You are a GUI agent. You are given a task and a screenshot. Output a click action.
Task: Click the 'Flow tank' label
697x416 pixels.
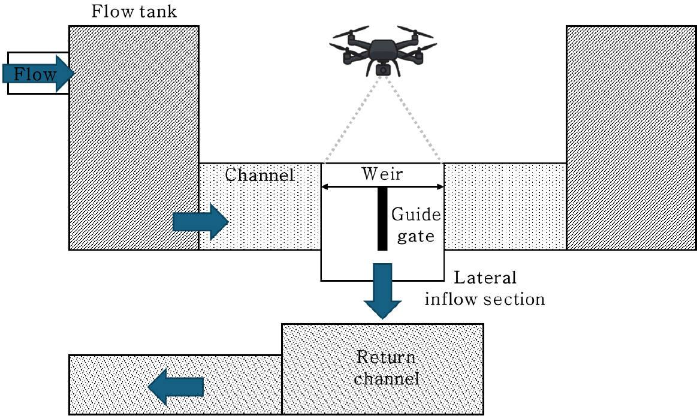click(x=134, y=12)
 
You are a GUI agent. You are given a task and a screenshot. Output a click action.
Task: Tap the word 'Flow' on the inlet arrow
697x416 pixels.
click(x=35, y=74)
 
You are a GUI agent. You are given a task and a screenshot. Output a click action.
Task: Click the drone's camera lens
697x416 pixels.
click(x=381, y=70)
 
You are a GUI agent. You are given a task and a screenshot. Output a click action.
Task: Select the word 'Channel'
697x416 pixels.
click(x=260, y=175)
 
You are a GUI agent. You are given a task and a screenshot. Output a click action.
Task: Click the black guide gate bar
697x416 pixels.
click(x=382, y=219)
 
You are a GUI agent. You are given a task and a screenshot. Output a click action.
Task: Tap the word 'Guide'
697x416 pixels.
click(x=416, y=215)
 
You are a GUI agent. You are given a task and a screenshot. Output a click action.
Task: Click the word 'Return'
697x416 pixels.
click(x=386, y=358)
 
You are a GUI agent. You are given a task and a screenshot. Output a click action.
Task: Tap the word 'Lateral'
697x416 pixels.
click(x=485, y=278)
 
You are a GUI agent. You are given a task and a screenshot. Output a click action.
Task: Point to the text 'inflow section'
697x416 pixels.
click(x=485, y=299)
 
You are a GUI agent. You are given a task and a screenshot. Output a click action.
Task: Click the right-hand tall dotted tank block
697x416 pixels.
click(x=631, y=137)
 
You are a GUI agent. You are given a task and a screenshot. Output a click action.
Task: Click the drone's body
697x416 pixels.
click(x=381, y=51)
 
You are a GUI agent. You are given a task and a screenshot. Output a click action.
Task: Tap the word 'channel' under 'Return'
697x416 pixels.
click(x=386, y=379)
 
